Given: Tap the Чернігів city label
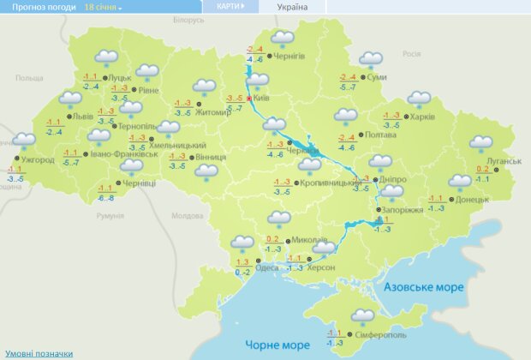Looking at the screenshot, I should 289,56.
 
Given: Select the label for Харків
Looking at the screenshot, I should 422,117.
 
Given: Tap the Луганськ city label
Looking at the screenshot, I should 506,160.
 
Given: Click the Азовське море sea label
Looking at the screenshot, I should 424,286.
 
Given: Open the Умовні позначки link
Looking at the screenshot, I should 39,353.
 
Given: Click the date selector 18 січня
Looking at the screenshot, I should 103,6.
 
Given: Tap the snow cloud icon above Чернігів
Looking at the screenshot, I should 283,39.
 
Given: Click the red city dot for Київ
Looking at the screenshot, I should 249,99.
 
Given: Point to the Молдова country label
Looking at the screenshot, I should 188,216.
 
